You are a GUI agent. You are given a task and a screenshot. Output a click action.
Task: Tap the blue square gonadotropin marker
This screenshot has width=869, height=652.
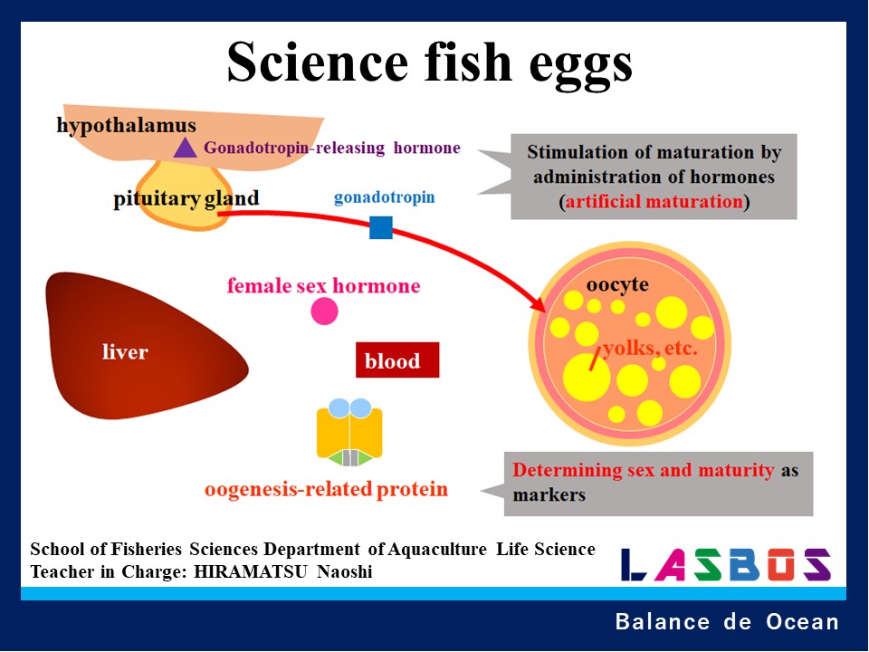[381, 227]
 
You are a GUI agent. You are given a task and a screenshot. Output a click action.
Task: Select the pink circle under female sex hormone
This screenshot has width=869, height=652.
[324, 312]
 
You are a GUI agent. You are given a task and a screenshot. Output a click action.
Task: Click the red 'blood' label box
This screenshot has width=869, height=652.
[396, 360]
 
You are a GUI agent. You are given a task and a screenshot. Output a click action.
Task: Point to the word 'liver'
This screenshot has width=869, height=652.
[125, 351]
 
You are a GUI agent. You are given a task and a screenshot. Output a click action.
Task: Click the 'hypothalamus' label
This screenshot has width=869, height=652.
[126, 125]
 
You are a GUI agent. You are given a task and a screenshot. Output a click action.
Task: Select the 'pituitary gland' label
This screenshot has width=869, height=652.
[186, 198]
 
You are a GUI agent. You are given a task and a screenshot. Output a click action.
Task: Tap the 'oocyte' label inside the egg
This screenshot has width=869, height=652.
[617, 284]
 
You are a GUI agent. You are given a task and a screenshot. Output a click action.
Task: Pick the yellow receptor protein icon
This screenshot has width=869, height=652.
[349, 433]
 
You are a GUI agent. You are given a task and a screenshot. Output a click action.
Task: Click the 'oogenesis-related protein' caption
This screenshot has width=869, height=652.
[326, 490]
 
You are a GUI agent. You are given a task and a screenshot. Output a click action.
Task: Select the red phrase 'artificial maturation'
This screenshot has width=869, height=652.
[654, 201]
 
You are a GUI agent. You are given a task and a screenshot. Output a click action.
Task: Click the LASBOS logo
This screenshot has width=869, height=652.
[725, 564]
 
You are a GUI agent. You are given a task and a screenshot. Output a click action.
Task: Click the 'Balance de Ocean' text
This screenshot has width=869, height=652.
[727, 622]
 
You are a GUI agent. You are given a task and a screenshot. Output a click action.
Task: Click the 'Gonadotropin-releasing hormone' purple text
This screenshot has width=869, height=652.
[332, 148]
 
